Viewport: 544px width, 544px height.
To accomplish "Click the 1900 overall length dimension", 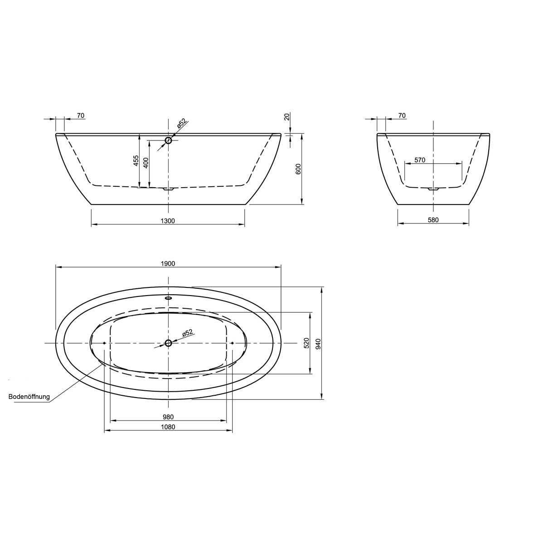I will [168, 263].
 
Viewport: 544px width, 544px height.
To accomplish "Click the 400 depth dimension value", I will [146, 162].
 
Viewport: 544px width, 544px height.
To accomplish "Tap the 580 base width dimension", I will [433, 220].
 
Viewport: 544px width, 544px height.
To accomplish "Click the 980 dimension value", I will [168, 417].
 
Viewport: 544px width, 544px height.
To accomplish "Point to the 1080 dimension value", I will [168, 427].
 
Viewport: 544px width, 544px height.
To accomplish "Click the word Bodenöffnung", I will [29, 397].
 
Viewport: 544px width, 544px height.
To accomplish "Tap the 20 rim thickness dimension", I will [286, 117].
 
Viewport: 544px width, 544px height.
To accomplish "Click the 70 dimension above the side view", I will [80, 116].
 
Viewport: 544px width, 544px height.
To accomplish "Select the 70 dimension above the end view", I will [402, 116].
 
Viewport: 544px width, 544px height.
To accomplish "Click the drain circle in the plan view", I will [168, 343].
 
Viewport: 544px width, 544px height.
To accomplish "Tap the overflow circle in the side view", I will [169, 141].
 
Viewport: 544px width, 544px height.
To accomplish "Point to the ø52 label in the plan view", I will [187, 333].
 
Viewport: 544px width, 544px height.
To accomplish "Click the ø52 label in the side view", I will [181, 123].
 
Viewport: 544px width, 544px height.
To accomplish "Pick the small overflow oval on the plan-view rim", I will [168, 298].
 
